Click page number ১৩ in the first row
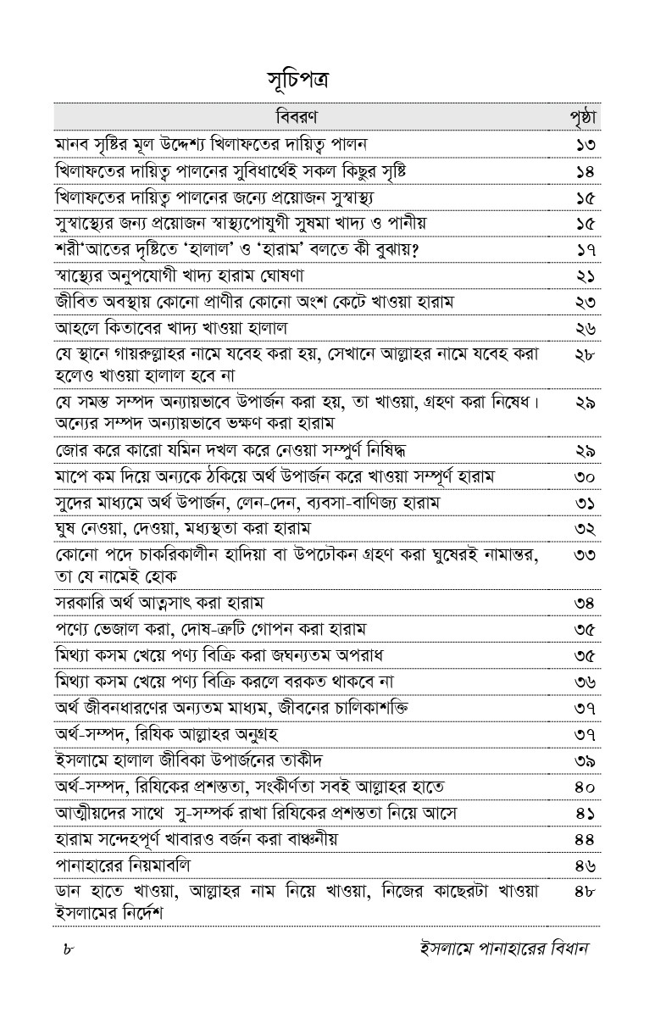[x=584, y=144]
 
